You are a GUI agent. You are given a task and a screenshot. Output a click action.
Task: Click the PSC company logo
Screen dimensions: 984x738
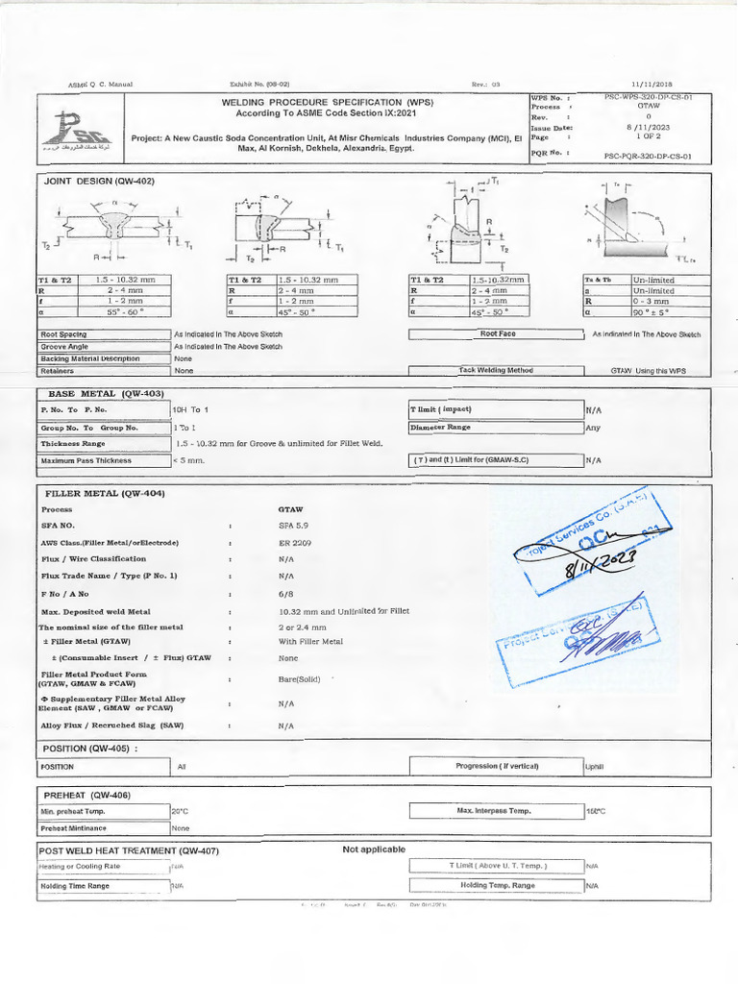[x=82, y=131]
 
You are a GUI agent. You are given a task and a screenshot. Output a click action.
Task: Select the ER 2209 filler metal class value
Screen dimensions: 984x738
[x=294, y=543]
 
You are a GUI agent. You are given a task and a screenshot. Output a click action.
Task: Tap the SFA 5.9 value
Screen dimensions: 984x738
[x=293, y=526]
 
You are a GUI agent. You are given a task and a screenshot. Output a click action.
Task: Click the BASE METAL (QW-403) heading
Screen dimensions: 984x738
[x=106, y=394]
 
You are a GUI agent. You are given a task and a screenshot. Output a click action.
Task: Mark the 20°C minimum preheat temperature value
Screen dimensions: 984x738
[x=181, y=812]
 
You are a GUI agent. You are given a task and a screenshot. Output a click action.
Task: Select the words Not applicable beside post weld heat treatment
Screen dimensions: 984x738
[x=374, y=849]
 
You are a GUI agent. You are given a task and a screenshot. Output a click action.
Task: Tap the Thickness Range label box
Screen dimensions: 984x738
[x=102, y=444]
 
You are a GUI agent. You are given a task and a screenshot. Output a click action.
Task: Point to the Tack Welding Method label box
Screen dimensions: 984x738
[x=495, y=370]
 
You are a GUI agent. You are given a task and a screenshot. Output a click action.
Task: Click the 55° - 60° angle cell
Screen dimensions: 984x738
[x=126, y=312]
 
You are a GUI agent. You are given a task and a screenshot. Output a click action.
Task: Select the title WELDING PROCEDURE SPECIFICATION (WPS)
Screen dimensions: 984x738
[x=326, y=102]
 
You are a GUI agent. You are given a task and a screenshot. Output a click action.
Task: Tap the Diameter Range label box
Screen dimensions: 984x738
[x=495, y=427]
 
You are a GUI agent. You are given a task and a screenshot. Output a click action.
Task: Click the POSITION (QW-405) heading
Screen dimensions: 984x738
[x=90, y=748]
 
